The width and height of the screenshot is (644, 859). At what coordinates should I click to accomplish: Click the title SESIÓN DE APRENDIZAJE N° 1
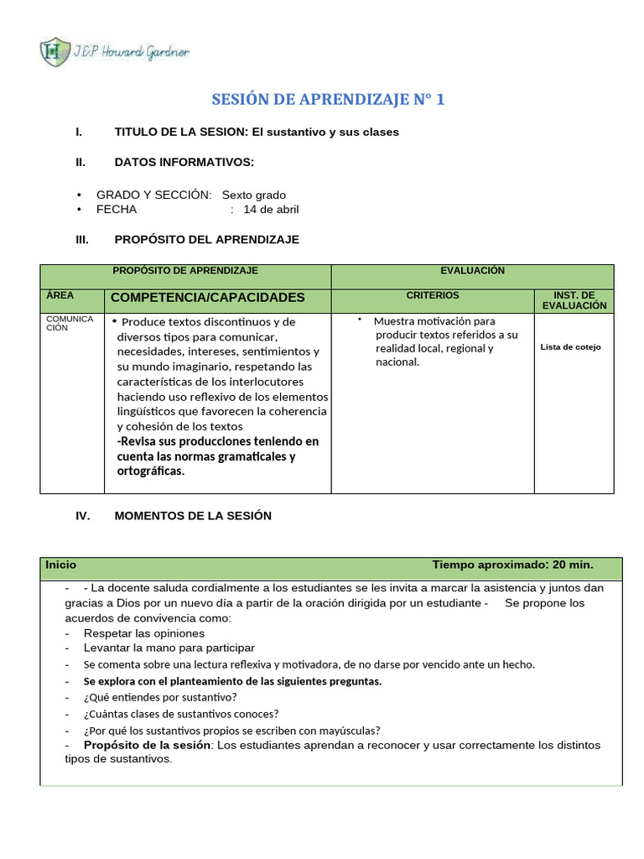click(x=328, y=100)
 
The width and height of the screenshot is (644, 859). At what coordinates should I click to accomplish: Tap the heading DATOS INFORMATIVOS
click(x=184, y=162)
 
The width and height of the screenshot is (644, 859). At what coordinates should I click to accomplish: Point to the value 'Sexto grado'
click(x=253, y=195)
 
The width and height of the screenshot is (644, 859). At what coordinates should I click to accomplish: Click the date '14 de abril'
click(x=271, y=210)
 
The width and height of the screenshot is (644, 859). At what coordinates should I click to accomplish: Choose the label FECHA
click(x=116, y=210)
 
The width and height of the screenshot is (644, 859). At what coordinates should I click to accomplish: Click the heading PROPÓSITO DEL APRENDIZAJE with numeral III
click(x=206, y=240)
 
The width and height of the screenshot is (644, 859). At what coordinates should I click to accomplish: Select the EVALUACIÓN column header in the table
click(x=472, y=271)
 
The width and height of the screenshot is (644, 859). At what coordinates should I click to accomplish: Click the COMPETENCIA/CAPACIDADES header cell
click(x=208, y=298)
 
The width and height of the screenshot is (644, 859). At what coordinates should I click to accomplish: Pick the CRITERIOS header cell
click(x=433, y=296)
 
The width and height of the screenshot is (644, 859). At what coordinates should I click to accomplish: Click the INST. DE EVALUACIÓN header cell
click(x=574, y=300)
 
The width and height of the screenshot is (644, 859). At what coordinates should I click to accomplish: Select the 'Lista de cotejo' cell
click(x=570, y=346)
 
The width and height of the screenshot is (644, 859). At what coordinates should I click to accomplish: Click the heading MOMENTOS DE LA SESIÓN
click(x=193, y=516)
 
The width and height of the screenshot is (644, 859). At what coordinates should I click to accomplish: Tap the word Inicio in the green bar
click(x=61, y=565)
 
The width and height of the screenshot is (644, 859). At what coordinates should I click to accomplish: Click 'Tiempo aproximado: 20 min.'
click(x=512, y=565)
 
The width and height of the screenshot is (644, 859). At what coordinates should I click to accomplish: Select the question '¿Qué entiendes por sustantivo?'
click(x=160, y=697)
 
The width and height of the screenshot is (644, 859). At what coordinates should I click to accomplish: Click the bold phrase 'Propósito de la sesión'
click(x=147, y=745)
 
